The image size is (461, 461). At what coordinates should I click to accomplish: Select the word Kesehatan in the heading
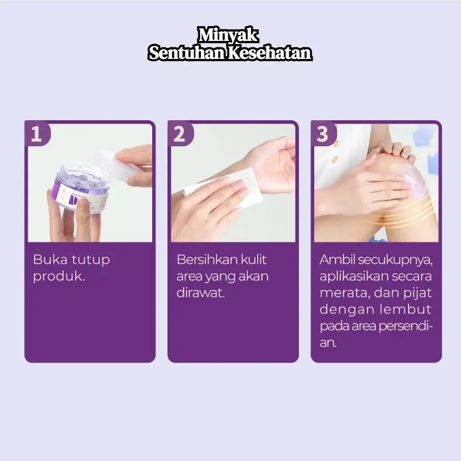click(x=270, y=53)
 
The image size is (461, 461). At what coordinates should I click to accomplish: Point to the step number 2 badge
click(x=180, y=134)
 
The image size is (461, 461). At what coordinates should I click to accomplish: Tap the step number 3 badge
click(x=323, y=134)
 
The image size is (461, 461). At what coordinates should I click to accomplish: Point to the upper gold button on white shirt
click(x=336, y=144)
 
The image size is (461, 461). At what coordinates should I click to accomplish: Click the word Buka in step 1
click(x=50, y=260)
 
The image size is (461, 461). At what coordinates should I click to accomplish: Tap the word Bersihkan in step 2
click(x=207, y=260)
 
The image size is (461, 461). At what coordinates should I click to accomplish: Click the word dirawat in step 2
click(x=200, y=293)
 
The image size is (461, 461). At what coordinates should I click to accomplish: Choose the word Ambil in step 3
click(x=338, y=260)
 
